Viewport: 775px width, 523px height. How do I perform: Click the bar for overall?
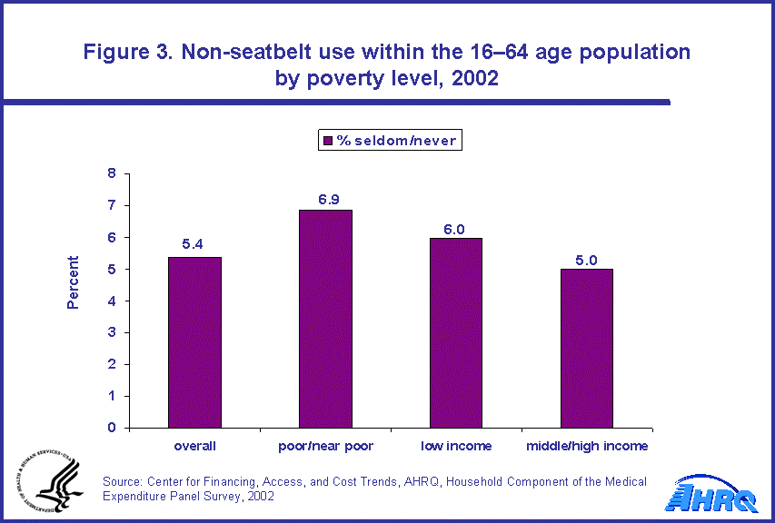[x=195, y=342]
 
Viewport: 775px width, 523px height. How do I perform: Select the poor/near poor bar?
[x=325, y=319]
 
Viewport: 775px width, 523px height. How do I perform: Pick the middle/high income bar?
[x=586, y=349]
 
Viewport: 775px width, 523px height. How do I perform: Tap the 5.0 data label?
[x=586, y=259]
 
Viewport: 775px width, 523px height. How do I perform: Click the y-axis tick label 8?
[x=112, y=173]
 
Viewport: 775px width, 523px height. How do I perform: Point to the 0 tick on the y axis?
[x=112, y=428]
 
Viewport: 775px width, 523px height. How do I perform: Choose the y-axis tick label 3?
[x=112, y=332]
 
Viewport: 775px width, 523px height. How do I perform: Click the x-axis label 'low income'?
[x=456, y=446]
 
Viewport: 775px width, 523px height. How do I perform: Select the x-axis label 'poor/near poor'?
[x=325, y=446]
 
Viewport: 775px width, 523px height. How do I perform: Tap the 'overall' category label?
[x=195, y=446]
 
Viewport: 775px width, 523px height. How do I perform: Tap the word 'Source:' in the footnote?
[x=125, y=481]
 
